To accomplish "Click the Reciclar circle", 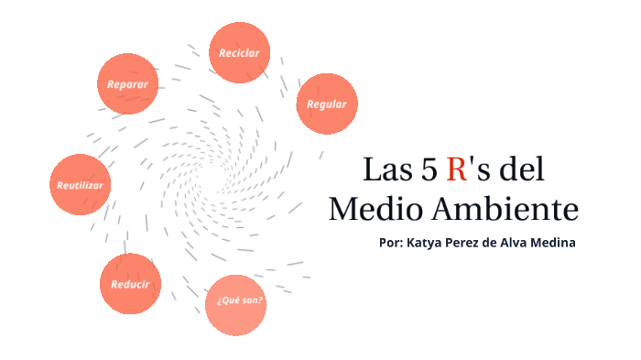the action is click(240, 53).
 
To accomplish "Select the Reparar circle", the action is click(127, 84).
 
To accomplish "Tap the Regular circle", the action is click(327, 104).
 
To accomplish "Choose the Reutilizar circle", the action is click(81, 184).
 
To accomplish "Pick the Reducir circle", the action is click(130, 283).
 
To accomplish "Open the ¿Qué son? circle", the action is click(236, 302).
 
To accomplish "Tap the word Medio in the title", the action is click(374, 209).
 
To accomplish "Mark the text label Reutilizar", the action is click(81, 185).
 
